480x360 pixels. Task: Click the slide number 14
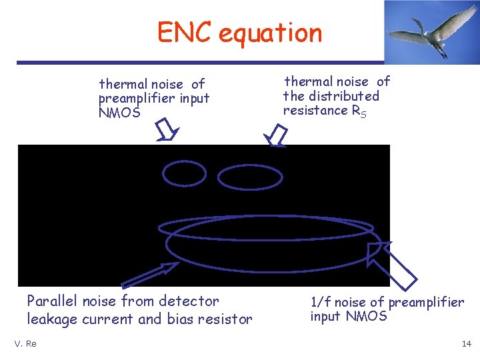click(x=466, y=343)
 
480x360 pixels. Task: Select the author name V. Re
click(x=25, y=343)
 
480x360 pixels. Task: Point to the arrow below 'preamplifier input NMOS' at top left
click(x=167, y=130)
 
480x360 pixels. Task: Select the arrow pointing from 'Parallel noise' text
click(x=150, y=274)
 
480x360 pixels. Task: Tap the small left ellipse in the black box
click(x=185, y=173)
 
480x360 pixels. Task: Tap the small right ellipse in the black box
click(x=241, y=177)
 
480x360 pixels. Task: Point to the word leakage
click(x=53, y=319)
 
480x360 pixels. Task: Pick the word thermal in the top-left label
click(x=123, y=84)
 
